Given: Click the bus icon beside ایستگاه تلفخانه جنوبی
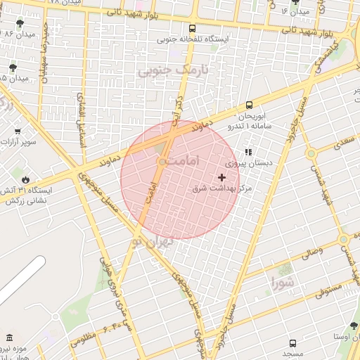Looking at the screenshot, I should (x=193, y=29).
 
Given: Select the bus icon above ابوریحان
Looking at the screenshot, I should (x=249, y=105).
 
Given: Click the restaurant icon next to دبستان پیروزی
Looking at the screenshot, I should (x=248, y=151).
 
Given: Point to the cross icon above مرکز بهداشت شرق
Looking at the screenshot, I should (x=222, y=178).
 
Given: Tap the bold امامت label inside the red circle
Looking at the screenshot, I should (x=185, y=161).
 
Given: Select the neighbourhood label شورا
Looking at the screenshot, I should (x=286, y=283).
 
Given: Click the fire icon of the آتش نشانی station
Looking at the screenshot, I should (x=26, y=179).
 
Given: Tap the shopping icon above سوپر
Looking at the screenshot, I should (x=18, y=131).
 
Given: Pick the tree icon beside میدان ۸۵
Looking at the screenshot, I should (x=13, y=68).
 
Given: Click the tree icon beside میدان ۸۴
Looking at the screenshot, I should (x=19, y=24).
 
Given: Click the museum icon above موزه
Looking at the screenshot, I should (x=9, y=338).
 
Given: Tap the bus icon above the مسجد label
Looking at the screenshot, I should (x=292, y=343).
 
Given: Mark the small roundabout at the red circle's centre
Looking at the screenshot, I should (x=162, y=162).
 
